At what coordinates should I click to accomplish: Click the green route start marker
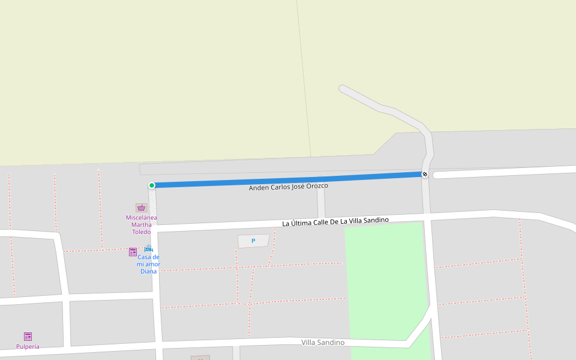[x=152, y=185]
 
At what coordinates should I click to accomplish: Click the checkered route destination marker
[x=425, y=174]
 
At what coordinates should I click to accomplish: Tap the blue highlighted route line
[x=288, y=180]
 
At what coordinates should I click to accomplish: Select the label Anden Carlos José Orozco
[x=289, y=187]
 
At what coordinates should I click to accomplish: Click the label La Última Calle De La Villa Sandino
[x=335, y=221]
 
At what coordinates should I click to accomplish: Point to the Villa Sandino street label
[x=323, y=342]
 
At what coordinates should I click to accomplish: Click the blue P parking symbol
[x=253, y=241]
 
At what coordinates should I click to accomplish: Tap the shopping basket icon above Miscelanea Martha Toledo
[x=141, y=208]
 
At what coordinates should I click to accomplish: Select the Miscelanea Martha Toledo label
[x=141, y=224]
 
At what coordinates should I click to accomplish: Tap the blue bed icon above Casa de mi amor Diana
[x=148, y=249]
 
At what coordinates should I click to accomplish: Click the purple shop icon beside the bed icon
[x=133, y=252]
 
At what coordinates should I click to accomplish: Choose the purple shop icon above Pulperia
[x=28, y=336]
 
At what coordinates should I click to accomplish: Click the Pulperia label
[x=28, y=346]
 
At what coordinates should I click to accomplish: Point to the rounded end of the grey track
[x=343, y=89]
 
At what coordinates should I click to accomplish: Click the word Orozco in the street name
[x=317, y=186]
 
